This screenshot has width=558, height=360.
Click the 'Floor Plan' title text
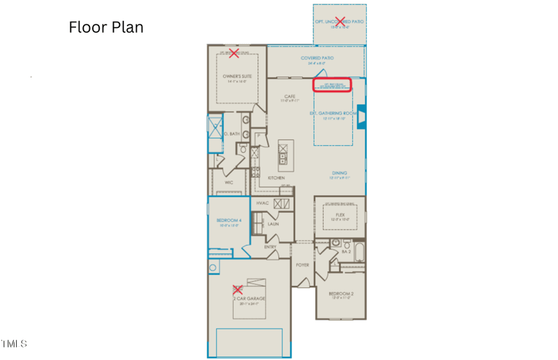click(106, 27)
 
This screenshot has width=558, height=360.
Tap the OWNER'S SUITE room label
click(237, 76)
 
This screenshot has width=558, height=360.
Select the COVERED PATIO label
click(317, 58)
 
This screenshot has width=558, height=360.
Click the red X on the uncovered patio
click(340, 21)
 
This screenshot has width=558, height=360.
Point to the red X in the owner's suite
click(234, 52)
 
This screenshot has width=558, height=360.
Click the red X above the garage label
click(237, 289)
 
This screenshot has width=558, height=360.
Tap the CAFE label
click(290, 97)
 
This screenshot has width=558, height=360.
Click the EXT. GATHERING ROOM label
click(333, 113)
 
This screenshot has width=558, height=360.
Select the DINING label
click(340, 173)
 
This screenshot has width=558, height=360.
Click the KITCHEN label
click(276, 178)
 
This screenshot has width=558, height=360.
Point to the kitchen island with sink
click(285, 155)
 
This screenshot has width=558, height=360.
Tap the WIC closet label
click(228, 182)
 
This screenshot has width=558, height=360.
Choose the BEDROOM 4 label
click(229, 220)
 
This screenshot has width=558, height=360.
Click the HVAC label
click(262, 203)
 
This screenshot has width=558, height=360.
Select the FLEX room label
click(340, 215)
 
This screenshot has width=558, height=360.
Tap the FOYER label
click(303, 264)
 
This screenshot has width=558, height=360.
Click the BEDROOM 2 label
click(341, 294)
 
